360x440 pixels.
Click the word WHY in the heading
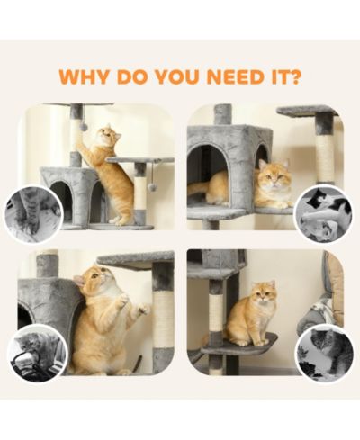84,77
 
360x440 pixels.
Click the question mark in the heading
293,76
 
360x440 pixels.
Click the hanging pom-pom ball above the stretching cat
85,127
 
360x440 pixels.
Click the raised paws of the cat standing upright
133,305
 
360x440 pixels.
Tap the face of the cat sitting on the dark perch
263,292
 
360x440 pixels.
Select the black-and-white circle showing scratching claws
34,213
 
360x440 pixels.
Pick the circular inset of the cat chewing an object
38,353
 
